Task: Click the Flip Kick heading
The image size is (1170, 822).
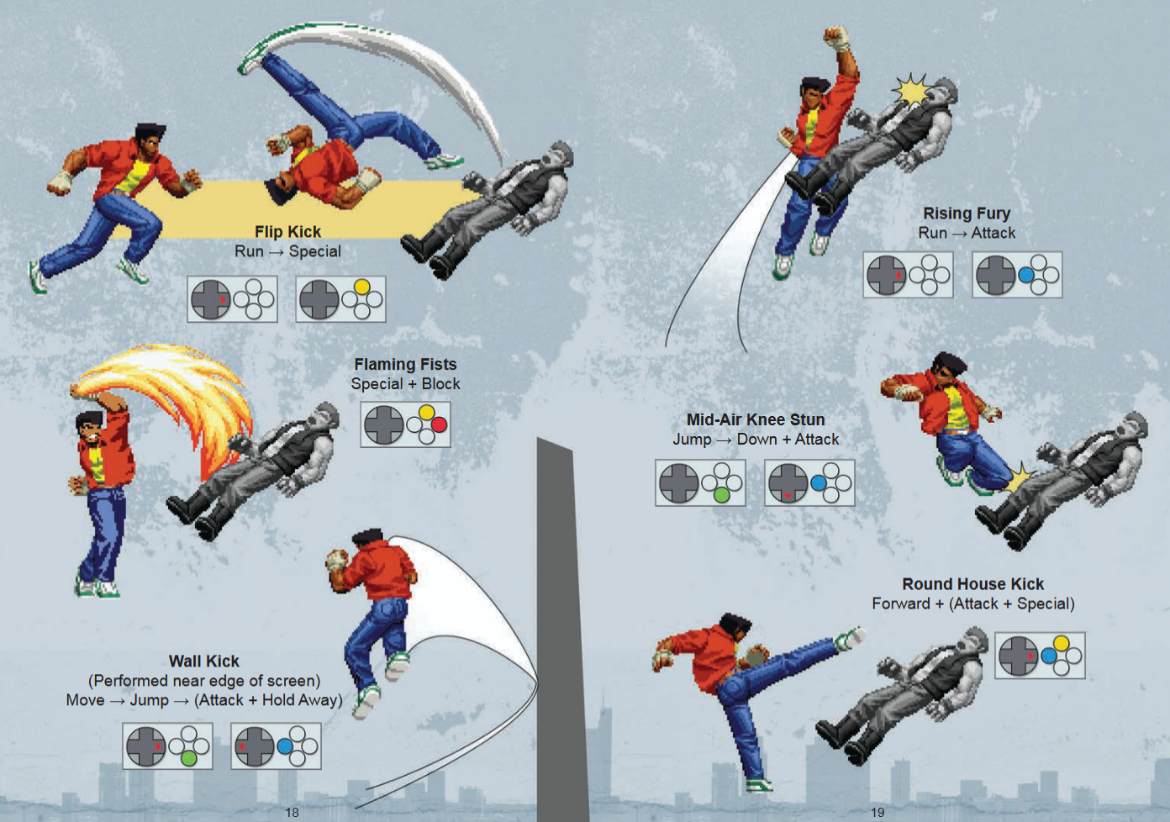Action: (x=287, y=232)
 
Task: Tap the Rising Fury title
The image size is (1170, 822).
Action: (x=967, y=213)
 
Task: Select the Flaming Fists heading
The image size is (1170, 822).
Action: (x=405, y=364)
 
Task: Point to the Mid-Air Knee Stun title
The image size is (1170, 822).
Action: (x=756, y=419)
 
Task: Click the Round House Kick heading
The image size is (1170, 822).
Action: (x=972, y=584)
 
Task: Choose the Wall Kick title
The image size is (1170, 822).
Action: (x=203, y=661)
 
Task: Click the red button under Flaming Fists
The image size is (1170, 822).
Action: (x=440, y=424)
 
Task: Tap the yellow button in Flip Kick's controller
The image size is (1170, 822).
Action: (x=362, y=287)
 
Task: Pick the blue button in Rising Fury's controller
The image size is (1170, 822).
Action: (x=1026, y=275)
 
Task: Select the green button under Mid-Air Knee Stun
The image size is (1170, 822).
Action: (x=721, y=495)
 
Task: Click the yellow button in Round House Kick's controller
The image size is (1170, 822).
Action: (x=1061, y=643)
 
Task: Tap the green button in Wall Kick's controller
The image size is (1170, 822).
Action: (x=188, y=758)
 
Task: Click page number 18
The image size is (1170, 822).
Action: (x=292, y=812)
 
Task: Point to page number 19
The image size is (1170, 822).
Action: (x=877, y=812)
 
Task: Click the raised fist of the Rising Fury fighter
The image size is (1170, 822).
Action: (x=837, y=38)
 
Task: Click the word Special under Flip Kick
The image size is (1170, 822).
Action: (x=315, y=251)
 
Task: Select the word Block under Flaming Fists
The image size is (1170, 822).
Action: (x=440, y=384)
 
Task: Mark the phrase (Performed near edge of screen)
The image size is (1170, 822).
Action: (x=204, y=681)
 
